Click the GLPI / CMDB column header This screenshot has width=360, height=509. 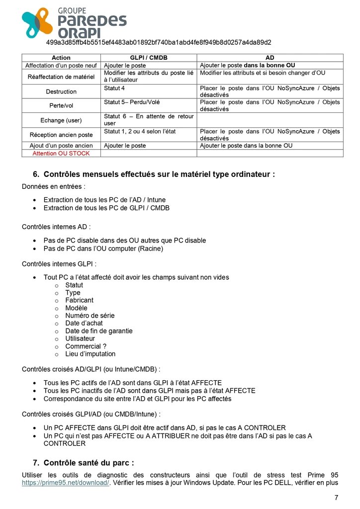(149, 58)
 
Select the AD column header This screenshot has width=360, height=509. (270, 58)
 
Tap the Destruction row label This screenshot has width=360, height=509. (61, 91)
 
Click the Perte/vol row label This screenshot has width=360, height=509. (61, 105)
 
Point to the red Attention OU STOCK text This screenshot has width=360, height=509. (61, 153)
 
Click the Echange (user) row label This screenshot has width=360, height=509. (61, 120)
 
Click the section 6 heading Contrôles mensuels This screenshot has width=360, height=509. (159, 174)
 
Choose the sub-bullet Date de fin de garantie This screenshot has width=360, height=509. (99, 331)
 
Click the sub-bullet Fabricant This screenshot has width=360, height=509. (79, 300)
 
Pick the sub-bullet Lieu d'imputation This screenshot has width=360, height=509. (90, 354)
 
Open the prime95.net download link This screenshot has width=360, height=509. (65, 483)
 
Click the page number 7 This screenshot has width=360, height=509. (336, 498)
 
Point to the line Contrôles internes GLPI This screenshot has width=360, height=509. (59, 264)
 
